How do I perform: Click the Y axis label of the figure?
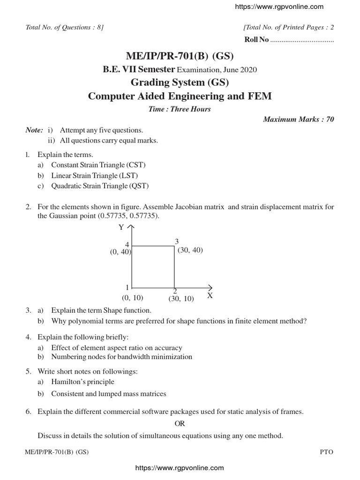[x=121, y=227]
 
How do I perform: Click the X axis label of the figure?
[x=210, y=296]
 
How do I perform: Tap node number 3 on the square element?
[x=177, y=241]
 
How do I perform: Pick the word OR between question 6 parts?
[x=180, y=424]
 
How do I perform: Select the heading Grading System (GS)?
[x=180, y=83]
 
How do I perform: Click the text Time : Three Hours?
[x=180, y=109]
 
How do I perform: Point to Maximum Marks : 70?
[x=299, y=120]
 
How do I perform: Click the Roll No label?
[x=256, y=40]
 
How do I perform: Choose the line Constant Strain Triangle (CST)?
[x=98, y=165]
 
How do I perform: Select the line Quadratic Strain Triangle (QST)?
[x=100, y=186]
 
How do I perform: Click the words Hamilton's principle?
[x=82, y=382]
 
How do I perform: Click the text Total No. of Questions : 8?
[x=65, y=28]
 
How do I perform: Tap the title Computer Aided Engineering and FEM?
[x=180, y=97]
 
